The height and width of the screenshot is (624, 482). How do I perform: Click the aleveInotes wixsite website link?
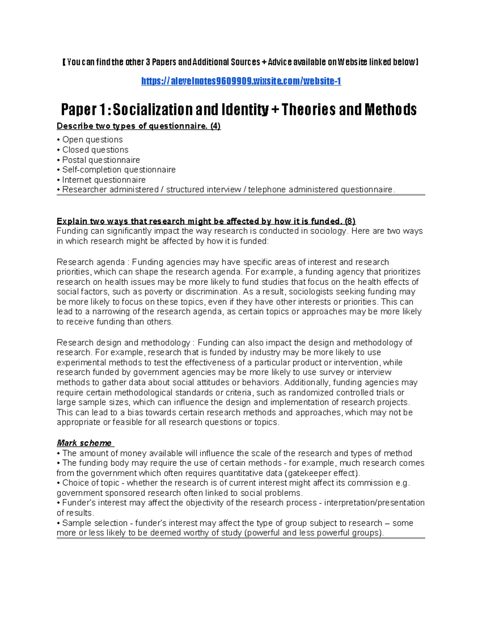241,81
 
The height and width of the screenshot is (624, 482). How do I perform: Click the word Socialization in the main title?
153,109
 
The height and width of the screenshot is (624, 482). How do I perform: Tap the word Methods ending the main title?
390,109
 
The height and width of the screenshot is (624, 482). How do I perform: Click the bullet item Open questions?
92,140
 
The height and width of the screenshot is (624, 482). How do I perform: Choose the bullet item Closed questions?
95,150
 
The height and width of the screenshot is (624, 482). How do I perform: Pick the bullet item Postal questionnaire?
101,160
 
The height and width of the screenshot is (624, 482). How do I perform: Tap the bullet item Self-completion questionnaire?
119,170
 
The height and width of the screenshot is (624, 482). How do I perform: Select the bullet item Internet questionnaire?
104,180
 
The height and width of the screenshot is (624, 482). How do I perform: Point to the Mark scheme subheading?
84,443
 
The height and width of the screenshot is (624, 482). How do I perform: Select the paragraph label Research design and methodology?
123,343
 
